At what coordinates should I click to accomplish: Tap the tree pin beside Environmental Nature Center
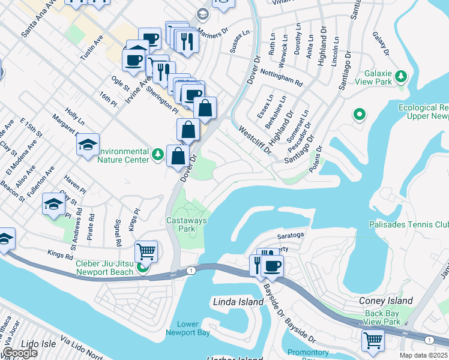(x=158, y=155)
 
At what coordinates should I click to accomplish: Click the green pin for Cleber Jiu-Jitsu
(x=143, y=268)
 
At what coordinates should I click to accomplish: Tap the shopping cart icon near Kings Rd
(x=146, y=252)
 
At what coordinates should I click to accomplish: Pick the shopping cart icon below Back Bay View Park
(x=373, y=341)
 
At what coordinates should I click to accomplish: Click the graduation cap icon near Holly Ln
(x=88, y=145)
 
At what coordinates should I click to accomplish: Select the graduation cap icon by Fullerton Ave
(x=53, y=205)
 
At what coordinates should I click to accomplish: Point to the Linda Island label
(x=238, y=302)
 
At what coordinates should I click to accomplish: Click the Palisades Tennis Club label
(x=408, y=225)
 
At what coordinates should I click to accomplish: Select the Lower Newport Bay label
(x=189, y=328)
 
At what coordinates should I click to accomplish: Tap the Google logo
(x=20, y=353)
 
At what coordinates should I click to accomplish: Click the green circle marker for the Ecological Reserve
(x=360, y=113)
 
